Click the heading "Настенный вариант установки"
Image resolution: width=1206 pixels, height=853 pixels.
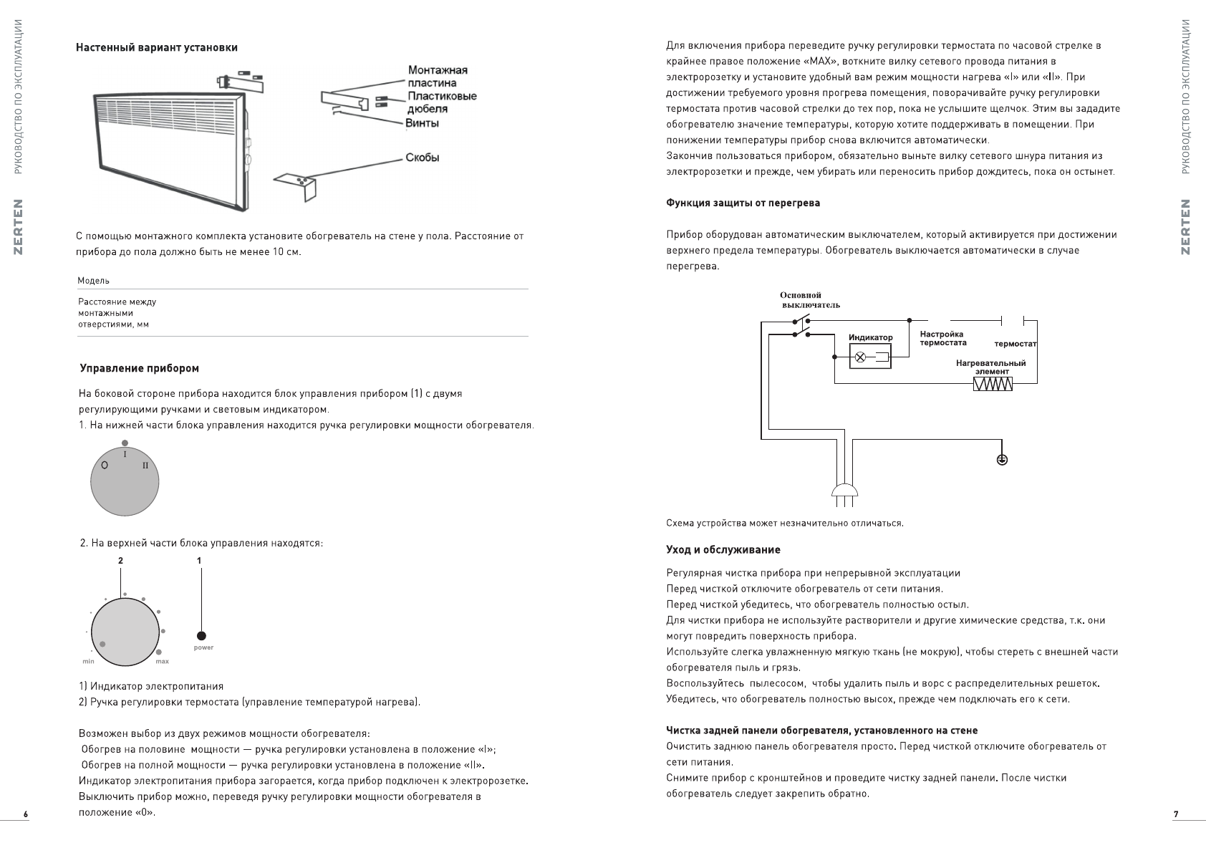click(157, 47)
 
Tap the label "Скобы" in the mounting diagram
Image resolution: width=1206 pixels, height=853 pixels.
click(422, 158)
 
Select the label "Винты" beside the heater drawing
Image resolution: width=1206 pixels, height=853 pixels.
click(422, 123)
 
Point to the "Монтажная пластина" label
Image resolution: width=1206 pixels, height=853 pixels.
click(437, 77)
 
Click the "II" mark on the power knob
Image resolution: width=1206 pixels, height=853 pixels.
click(145, 466)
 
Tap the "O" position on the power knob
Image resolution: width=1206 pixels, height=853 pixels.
click(105, 466)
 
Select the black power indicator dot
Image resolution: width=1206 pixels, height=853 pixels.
click(201, 635)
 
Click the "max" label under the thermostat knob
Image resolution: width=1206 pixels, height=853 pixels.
click(163, 661)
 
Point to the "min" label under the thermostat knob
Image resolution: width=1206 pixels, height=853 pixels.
click(88, 661)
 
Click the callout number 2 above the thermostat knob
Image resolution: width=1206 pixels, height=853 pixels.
click(120, 560)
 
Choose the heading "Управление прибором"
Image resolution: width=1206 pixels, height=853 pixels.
click(139, 368)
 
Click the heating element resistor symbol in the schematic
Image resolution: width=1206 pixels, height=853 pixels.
click(993, 385)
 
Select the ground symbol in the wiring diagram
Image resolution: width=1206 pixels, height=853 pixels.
click(1002, 459)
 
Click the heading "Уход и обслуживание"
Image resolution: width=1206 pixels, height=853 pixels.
click(723, 550)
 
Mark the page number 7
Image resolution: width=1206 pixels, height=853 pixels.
click(1175, 814)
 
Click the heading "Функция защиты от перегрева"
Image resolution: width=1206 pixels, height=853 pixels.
click(743, 203)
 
